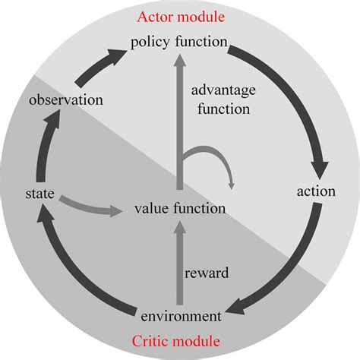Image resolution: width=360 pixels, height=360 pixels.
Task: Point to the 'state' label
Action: pos(39,195)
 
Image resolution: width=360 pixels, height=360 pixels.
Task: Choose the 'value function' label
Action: pos(180,207)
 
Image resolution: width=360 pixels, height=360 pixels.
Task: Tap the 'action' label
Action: pos(315,191)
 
